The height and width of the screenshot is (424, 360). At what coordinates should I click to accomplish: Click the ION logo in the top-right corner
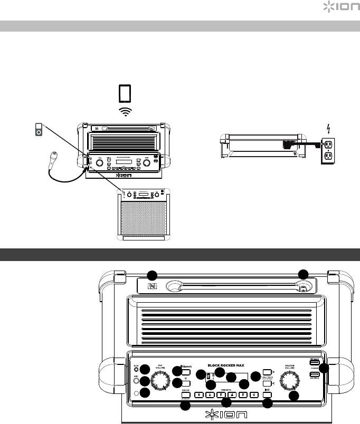(x=338, y=7)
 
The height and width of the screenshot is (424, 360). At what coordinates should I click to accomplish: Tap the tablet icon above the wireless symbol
(x=125, y=93)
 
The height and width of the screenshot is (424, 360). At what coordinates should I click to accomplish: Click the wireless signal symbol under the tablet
(x=125, y=111)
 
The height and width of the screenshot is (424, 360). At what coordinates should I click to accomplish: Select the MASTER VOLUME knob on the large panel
(x=288, y=380)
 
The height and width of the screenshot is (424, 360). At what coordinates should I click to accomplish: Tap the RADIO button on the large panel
(x=186, y=394)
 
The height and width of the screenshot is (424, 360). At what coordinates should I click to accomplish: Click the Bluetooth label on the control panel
(x=185, y=368)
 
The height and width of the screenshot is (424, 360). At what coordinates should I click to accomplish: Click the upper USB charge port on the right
(x=315, y=363)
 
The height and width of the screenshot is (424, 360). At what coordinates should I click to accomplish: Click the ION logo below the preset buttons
(x=225, y=413)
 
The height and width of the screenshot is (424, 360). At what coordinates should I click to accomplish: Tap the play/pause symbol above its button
(x=267, y=390)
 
